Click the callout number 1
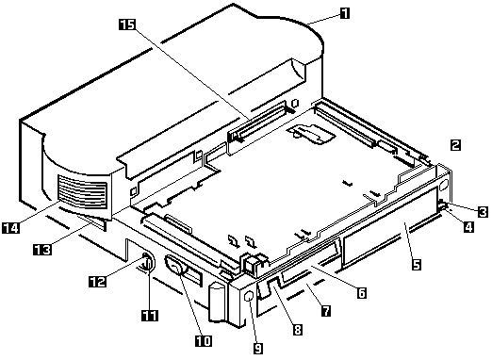coord(345,13)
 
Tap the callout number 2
coord(455,144)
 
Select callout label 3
coord(483,211)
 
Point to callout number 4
coord(468,226)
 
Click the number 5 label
coord(416,264)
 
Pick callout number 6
coord(361,292)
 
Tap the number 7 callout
coord(326,310)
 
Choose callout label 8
coord(297,330)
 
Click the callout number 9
coord(258,348)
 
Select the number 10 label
coord(204,340)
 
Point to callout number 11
coord(150,315)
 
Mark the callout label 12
coord(98,281)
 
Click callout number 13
coord(42,250)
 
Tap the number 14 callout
coord(11,227)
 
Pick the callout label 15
coord(127,25)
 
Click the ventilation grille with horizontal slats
coord(82,193)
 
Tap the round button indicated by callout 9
coord(249,297)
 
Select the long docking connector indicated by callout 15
coord(261,122)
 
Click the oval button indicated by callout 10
coord(174,265)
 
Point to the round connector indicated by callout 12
coord(147,260)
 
